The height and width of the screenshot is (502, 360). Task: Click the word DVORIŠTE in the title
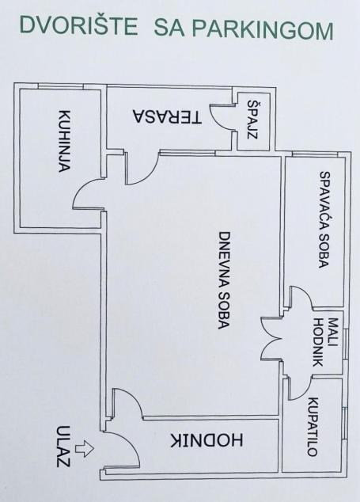point(78,25)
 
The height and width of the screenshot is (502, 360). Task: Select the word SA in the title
point(169,28)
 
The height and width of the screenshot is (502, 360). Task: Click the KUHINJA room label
point(64,141)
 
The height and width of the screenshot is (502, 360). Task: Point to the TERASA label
point(167,117)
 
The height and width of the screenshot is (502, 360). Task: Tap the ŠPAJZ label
point(252,119)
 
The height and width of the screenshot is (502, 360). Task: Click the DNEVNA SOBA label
point(224,280)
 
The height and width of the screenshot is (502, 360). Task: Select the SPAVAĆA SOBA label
point(324,219)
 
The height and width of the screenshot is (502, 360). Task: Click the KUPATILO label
point(312,427)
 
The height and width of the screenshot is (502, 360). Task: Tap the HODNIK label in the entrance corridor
point(207,440)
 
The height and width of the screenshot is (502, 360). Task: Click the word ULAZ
point(63,446)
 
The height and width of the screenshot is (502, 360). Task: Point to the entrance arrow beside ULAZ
point(84,448)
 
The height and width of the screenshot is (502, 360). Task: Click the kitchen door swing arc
point(78,191)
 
